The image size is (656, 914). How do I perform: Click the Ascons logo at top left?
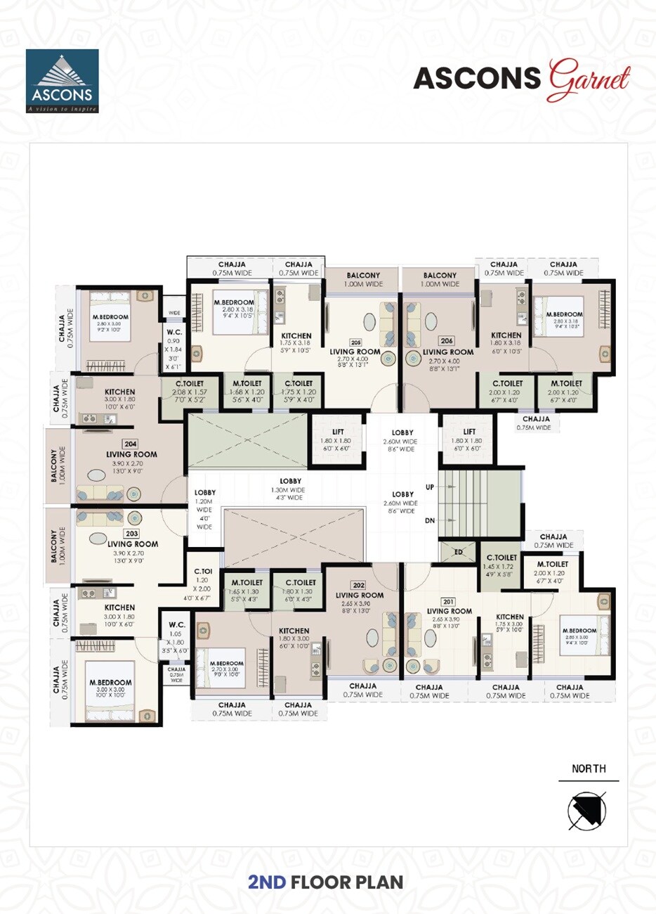pyautogui.click(x=62, y=81)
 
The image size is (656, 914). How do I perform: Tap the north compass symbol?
pyautogui.click(x=587, y=809)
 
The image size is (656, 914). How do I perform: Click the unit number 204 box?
pyautogui.click(x=130, y=444)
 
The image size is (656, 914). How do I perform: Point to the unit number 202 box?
pyautogui.click(x=359, y=585)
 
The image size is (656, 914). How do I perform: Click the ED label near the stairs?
pyautogui.click(x=458, y=552)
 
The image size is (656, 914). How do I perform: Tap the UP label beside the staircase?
pyautogui.click(x=430, y=487)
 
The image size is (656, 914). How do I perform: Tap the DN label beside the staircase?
pyautogui.click(x=430, y=521)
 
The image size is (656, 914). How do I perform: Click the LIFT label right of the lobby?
pyautogui.click(x=469, y=432)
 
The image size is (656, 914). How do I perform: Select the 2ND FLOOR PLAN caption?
pyautogui.click(x=326, y=882)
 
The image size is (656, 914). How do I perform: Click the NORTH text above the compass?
pyautogui.click(x=589, y=768)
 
